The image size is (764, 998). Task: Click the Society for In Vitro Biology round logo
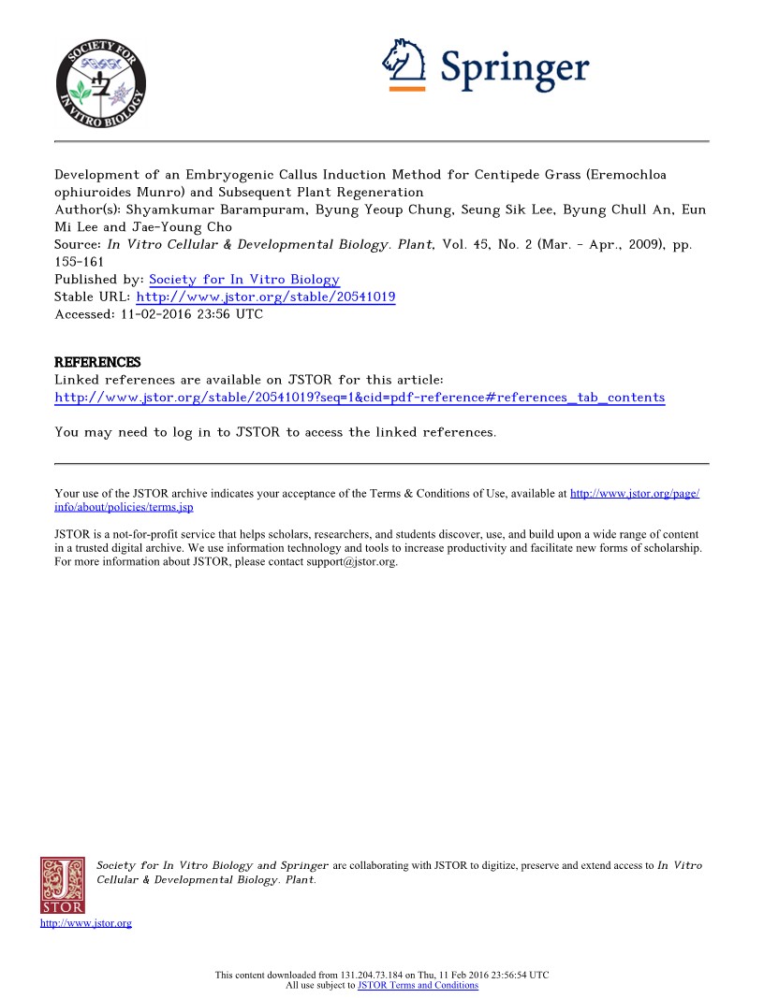[x=100, y=80]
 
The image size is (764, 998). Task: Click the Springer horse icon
[x=404, y=62]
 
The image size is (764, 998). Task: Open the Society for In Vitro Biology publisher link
[x=244, y=280]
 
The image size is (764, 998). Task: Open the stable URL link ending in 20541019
[x=266, y=297]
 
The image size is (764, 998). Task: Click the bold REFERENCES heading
[x=97, y=362]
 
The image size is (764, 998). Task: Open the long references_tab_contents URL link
[x=360, y=398]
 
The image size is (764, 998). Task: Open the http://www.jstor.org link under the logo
[x=86, y=924]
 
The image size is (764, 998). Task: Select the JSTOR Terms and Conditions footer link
[x=418, y=985]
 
